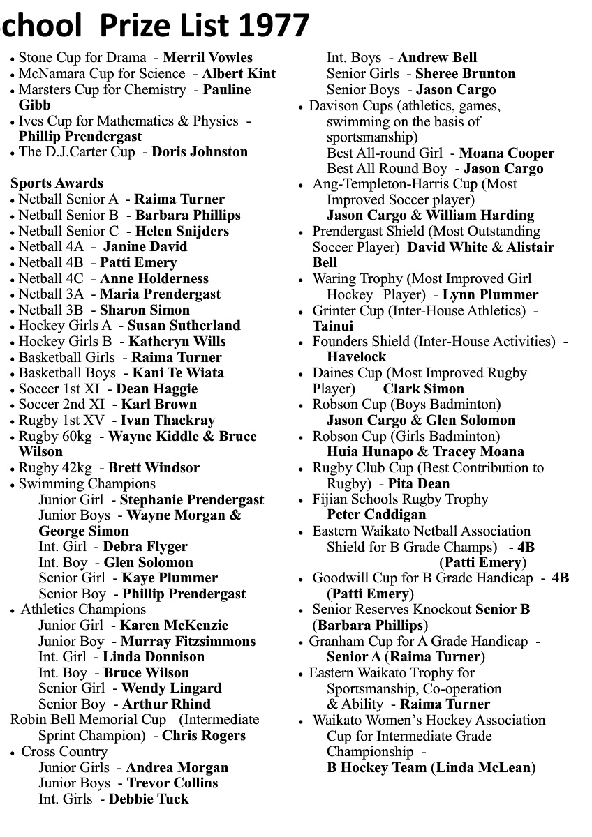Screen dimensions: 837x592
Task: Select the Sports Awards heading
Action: pos(57,183)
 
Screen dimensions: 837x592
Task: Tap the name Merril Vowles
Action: pos(207,58)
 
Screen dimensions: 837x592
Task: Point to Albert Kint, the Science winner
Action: pos(239,74)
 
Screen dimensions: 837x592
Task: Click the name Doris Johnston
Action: pos(200,152)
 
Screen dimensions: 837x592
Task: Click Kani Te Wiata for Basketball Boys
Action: pos(178,372)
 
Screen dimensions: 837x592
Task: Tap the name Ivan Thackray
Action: pos(168,421)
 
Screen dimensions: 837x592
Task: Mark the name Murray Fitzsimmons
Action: pos(188,641)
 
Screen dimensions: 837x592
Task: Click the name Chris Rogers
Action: pos(204,736)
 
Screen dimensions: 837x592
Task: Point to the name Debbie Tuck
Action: pos(149,799)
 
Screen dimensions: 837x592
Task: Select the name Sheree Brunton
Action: pos(465,74)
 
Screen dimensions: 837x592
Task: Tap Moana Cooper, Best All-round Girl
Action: pos(506,153)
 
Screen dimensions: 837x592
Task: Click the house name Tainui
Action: pos(333,326)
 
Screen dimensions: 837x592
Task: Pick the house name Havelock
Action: pos(356,357)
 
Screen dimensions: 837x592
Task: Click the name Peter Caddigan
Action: pos(376,515)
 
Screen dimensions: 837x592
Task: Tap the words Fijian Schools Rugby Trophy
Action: pos(400,499)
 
